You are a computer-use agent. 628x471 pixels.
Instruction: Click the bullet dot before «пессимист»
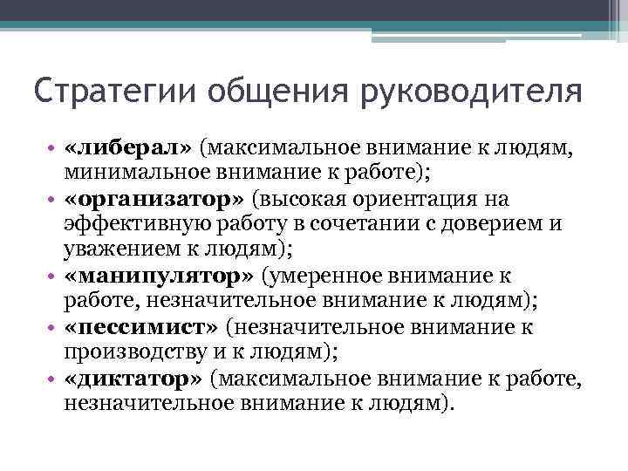tap(53, 329)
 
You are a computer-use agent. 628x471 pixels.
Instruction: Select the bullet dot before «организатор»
tap(53, 201)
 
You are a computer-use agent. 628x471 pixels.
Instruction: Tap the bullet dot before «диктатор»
tap(53, 380)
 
